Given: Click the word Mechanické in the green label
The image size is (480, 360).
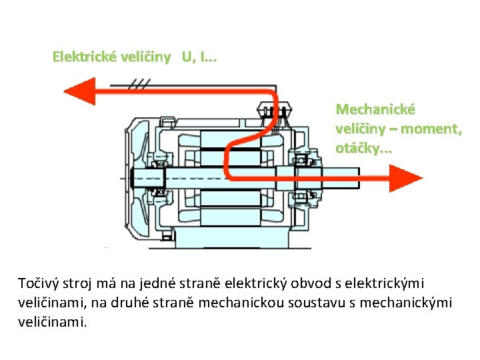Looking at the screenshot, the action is pyautogui.click(x=375, y=109).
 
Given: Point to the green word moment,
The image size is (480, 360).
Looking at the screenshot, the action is pyautogui.click(x=431, y=129).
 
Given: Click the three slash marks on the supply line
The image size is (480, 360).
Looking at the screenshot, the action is pyautogui.click(x=139, y=83).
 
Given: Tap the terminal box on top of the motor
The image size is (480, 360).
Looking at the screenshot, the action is pyautogui.click(x=274, y=110).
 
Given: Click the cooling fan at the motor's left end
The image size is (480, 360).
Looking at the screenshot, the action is pyautogui.click(x=137, y=179).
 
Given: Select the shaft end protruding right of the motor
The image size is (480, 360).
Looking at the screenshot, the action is pyautogui.click(x=341, y=178).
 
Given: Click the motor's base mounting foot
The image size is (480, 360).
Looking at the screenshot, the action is pyautogui.click(x=232, y=237).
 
